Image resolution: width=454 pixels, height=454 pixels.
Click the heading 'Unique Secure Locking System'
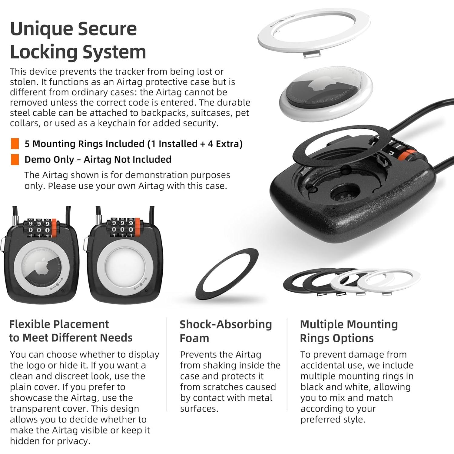(x=78, y=40)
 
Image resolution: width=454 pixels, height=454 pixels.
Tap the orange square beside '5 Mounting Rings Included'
(x=15, y=144)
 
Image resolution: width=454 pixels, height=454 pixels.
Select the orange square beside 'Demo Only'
(x=15, y=159)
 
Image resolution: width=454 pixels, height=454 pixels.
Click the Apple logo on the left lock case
(x=42, y=267)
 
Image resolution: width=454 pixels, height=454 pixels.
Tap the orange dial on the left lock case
(x=55, y=227)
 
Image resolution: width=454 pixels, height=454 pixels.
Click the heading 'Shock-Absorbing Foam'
(x=225, y=331)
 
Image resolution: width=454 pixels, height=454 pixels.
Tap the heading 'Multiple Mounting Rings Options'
(x=349, y=331)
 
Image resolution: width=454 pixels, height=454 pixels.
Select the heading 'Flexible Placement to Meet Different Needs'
(x=71, y=331)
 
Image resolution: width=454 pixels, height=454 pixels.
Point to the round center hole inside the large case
(x=345, y=193)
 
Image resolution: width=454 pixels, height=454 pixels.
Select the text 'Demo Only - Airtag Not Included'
(x=98, y=159)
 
